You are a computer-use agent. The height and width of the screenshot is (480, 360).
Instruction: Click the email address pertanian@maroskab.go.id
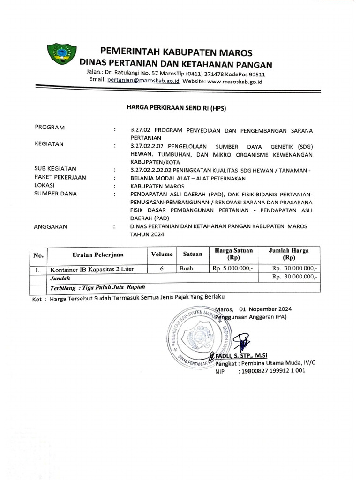click(143, 81)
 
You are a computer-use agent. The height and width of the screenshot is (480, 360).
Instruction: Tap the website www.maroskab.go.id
click(234, 81)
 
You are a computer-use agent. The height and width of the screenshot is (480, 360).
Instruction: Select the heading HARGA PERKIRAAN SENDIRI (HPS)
click(176, 108)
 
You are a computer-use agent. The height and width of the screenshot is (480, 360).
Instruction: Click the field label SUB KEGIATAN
click(56, 168)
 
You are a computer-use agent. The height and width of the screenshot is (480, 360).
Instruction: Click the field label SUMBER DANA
click(56, 193)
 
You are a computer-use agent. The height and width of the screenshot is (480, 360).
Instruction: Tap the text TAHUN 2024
click(145, 234)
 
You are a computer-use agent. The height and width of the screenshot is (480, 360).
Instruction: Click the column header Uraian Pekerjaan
click(97, 255)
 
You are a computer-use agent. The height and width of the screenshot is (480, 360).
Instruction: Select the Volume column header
click(161, 254)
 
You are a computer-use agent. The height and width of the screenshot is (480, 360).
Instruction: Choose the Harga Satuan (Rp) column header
click(233, 254)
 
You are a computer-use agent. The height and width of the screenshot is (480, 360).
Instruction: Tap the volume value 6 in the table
click(161, 269)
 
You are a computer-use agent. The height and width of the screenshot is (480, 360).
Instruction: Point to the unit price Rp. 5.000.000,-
click(233, 269)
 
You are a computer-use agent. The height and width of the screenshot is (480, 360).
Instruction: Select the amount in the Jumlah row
click(295, 277)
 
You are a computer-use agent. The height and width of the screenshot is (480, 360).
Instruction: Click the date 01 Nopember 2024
click(265, 309)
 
